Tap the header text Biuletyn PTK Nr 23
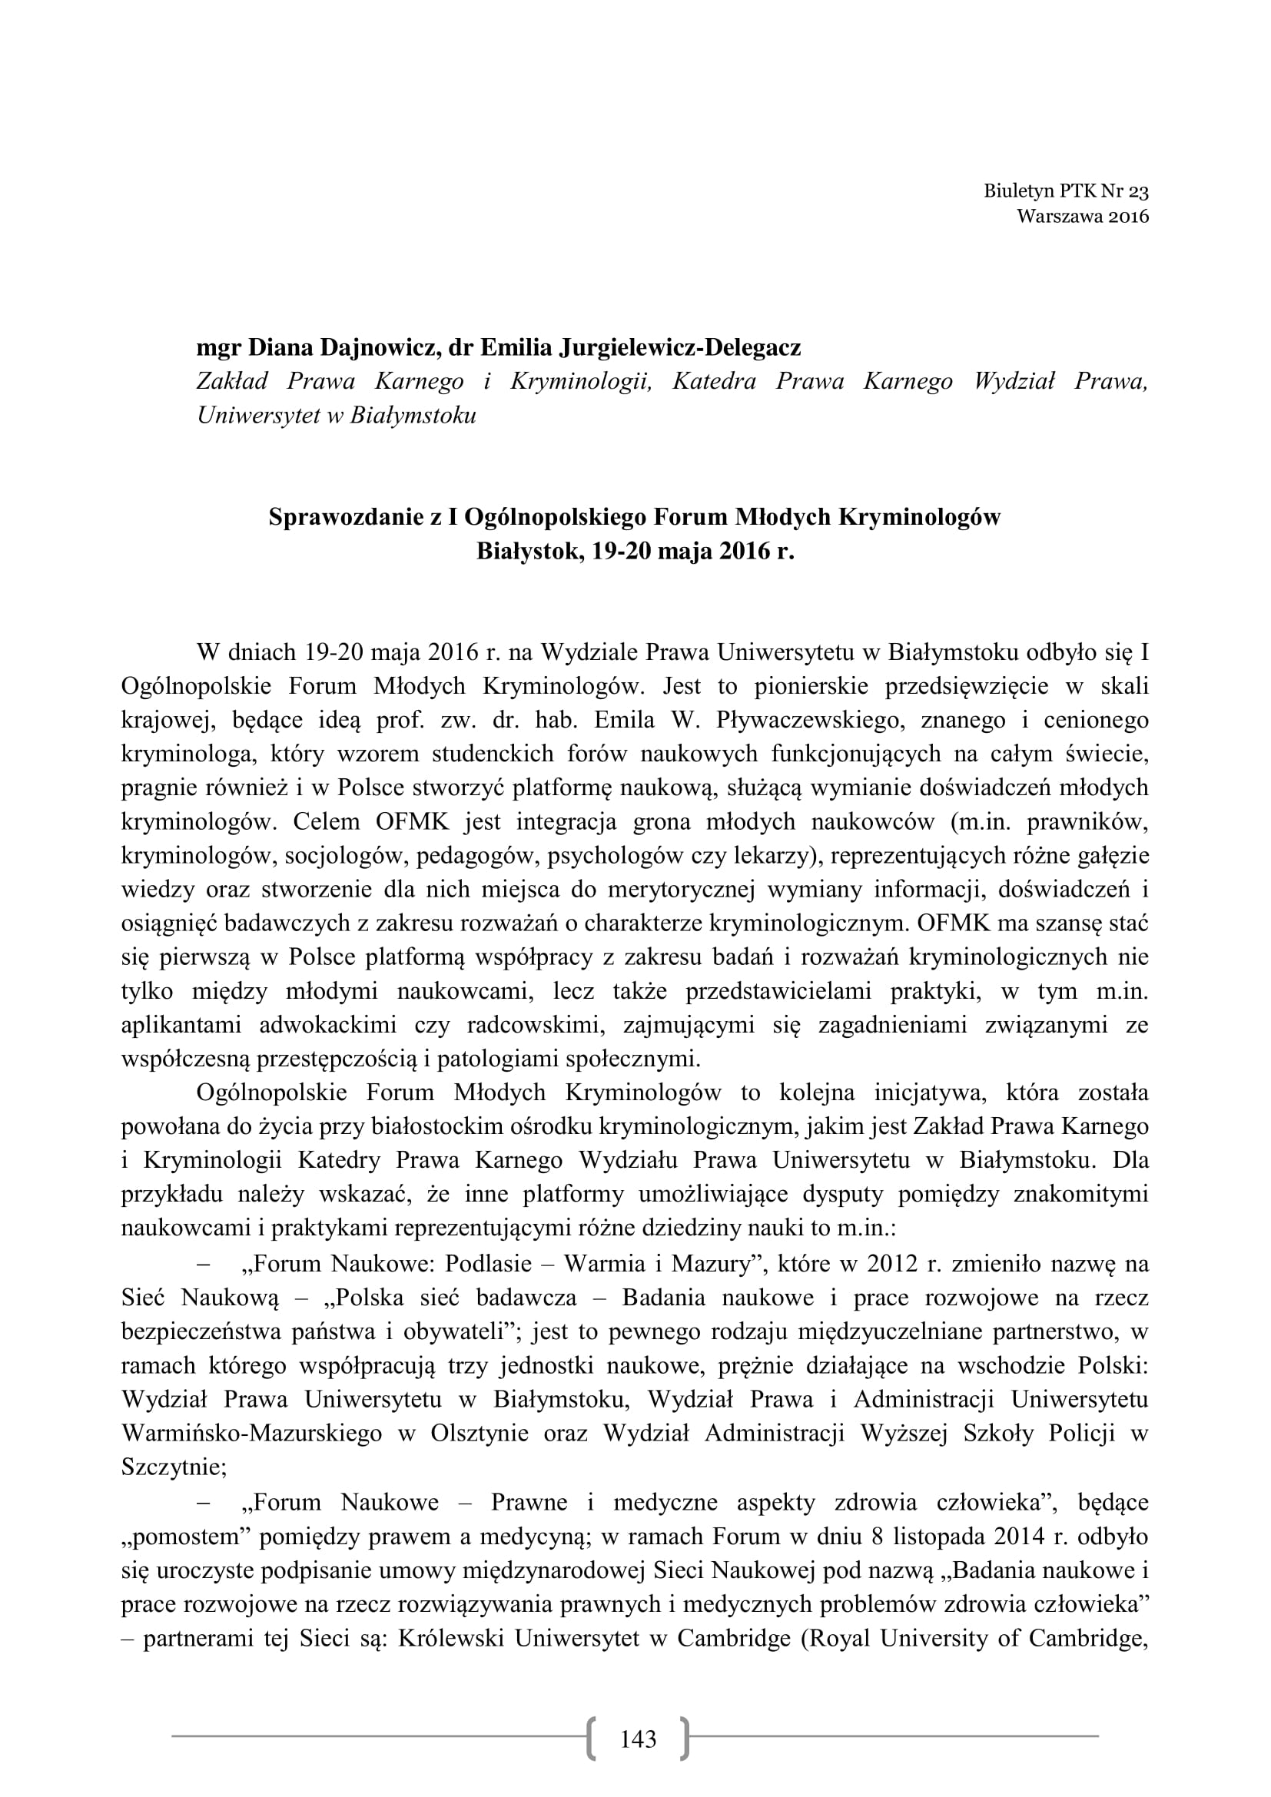click(1066, 191)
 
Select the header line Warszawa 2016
click(1083, 217)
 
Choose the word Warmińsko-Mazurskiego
click(252, 1433)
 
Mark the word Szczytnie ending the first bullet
click(171, 1467)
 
